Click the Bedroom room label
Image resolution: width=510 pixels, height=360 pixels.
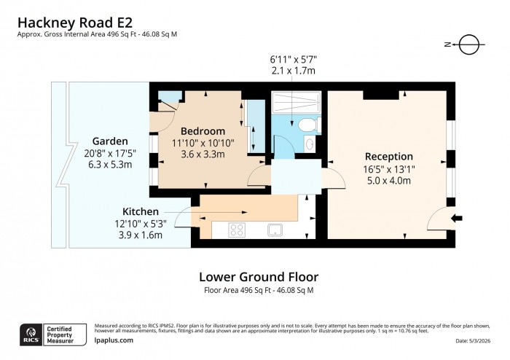pos(197,130)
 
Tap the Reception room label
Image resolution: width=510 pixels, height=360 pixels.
pos(388,156)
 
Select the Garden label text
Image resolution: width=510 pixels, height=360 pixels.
pos(110,141)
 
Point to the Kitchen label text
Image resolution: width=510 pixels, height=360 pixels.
pos(140,211)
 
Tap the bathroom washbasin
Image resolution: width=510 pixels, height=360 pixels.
pos(310,144)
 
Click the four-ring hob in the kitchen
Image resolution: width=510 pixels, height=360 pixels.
pos(238,230)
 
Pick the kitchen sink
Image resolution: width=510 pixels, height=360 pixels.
pos(275,230)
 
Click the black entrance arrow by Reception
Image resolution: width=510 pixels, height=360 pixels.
pos(457,218)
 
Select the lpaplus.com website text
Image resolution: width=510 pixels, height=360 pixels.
pos(114,340)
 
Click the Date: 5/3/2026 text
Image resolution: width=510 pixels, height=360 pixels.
pos(478,341)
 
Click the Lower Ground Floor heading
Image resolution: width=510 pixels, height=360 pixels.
pos(259,276)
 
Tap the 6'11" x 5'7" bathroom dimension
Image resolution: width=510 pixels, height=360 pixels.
pos(294,58)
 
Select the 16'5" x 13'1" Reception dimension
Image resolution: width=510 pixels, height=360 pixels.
pos(389,168)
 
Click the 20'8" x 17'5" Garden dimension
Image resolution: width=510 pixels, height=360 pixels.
pos(110,153)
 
